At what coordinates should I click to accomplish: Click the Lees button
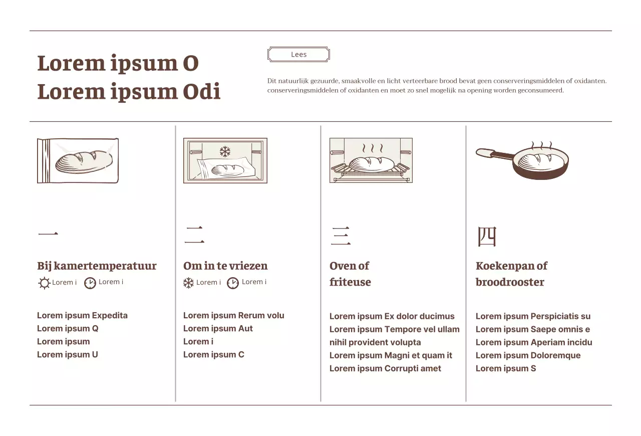tap(298, 55)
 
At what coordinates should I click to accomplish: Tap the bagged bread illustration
tap(78, 160)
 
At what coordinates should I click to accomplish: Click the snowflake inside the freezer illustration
tap(225, 151)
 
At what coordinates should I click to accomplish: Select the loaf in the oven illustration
tap(372, 164)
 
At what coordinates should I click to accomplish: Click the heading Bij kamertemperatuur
tap(97, 266)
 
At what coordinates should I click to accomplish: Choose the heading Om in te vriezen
tap(225, 266)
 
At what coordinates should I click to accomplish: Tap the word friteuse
tap(350, 282)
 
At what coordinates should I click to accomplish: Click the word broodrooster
tap(510, 282)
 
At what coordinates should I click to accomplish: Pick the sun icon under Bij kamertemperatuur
tap(44, 283)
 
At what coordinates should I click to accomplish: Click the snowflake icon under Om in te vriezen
tap(188, 283)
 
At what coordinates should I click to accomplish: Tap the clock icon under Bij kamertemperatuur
tap(90, 283)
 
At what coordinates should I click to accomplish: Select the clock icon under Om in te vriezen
tap(233, 283)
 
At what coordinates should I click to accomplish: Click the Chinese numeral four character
tap(487, 237)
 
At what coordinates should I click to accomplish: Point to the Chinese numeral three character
tap(341, 236)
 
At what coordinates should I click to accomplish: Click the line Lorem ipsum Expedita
tap(82, 315)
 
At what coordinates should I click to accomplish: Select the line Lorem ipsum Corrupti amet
tap(385, 368)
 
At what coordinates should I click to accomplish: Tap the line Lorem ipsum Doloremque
tap(528, 355)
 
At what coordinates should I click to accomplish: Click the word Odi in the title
tap(201, 92)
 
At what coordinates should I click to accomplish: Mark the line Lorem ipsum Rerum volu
tap(233, 315)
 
